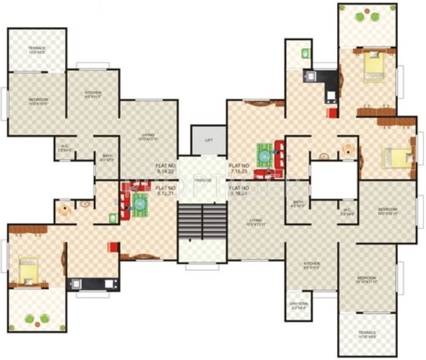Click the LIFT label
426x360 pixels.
[x=209, y=140]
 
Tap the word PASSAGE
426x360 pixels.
[x=202, y=180]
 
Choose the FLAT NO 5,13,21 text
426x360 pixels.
[x=165, y=190]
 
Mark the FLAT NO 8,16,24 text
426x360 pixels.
[x=241, y=190]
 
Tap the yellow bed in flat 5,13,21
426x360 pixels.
[x=28, y=270]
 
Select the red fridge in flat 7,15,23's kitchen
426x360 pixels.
[x=332, y=113]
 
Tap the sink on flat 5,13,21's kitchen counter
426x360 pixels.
[x=112, y=282]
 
